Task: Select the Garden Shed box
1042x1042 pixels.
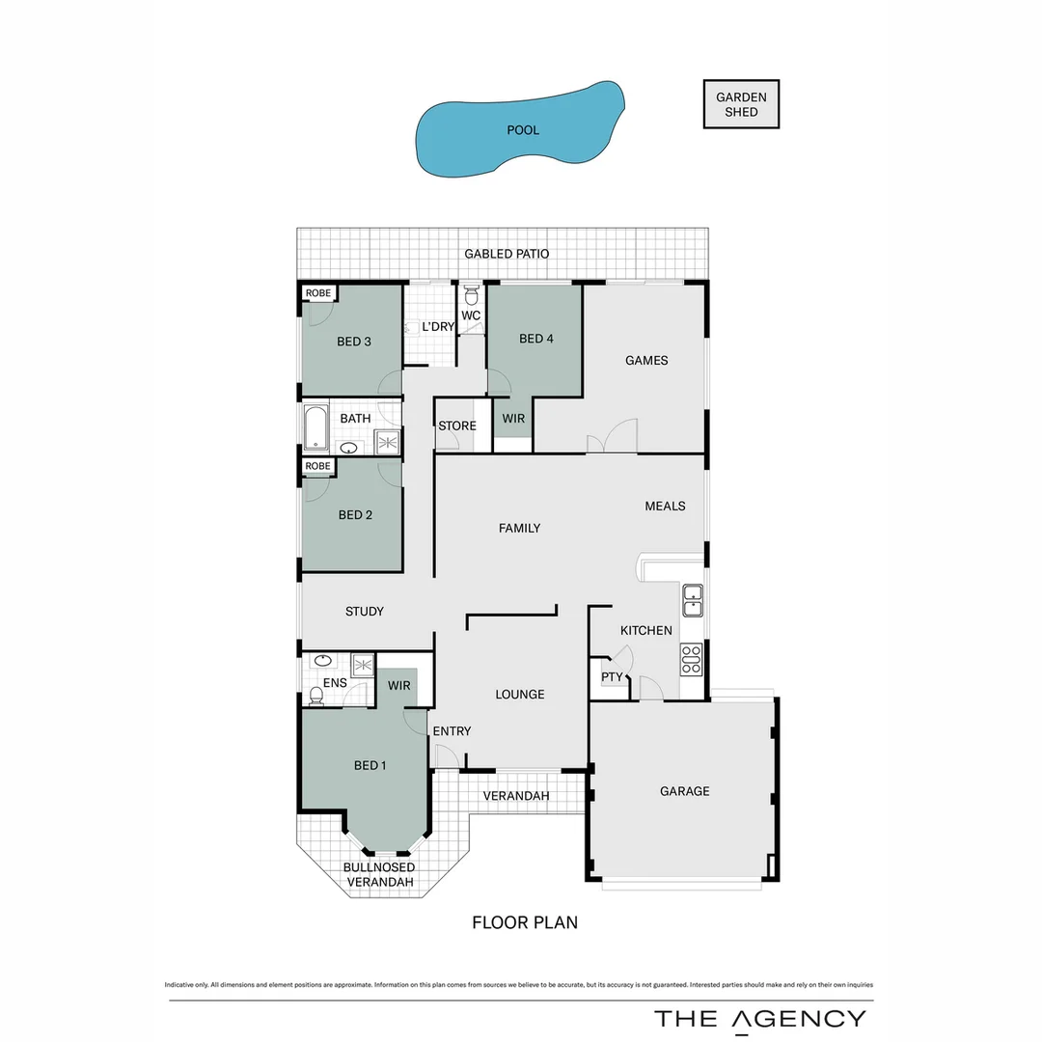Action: click(x=741, y=104)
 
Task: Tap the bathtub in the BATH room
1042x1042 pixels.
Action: click(x=315, y=427)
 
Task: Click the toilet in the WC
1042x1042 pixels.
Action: click(x=472, y=293)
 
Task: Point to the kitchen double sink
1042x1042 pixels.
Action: click(x=692, y=600)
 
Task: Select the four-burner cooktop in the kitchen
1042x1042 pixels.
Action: click(x=692, y=658)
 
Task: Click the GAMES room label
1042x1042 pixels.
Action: click(x=646, y=361)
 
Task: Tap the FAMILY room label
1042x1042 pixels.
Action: click(x=519, y=528)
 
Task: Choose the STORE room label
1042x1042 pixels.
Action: click(x=457, y=425)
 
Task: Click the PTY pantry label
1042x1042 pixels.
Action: click(x=612, y=676)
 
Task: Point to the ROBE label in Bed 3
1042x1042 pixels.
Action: click(x=317, y=292)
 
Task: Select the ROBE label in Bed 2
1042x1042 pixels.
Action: click(x=317, y=466)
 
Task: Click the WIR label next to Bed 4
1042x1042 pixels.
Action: click(x=513, y=419)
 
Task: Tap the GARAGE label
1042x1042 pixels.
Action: click(x=684, y=791)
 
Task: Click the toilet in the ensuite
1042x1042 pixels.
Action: click(x=315, y=693)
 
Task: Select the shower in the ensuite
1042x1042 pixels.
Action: click(x=363, y=664)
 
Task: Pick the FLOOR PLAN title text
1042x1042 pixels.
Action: click(x=525, y=922)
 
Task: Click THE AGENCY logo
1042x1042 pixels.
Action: click(x=760, y=1019)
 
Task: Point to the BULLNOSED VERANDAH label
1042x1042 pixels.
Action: click(x=379, y=875)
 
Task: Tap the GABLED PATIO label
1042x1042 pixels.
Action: click(x=507, y=254)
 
